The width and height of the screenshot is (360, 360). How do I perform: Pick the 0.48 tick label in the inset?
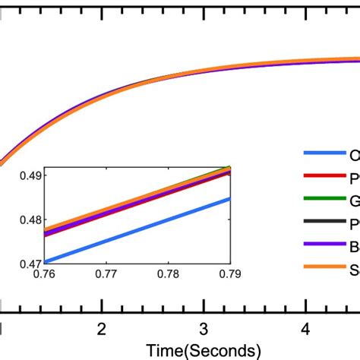click(29, 219)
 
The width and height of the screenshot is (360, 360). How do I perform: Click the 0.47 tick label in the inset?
click(29, 264)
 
